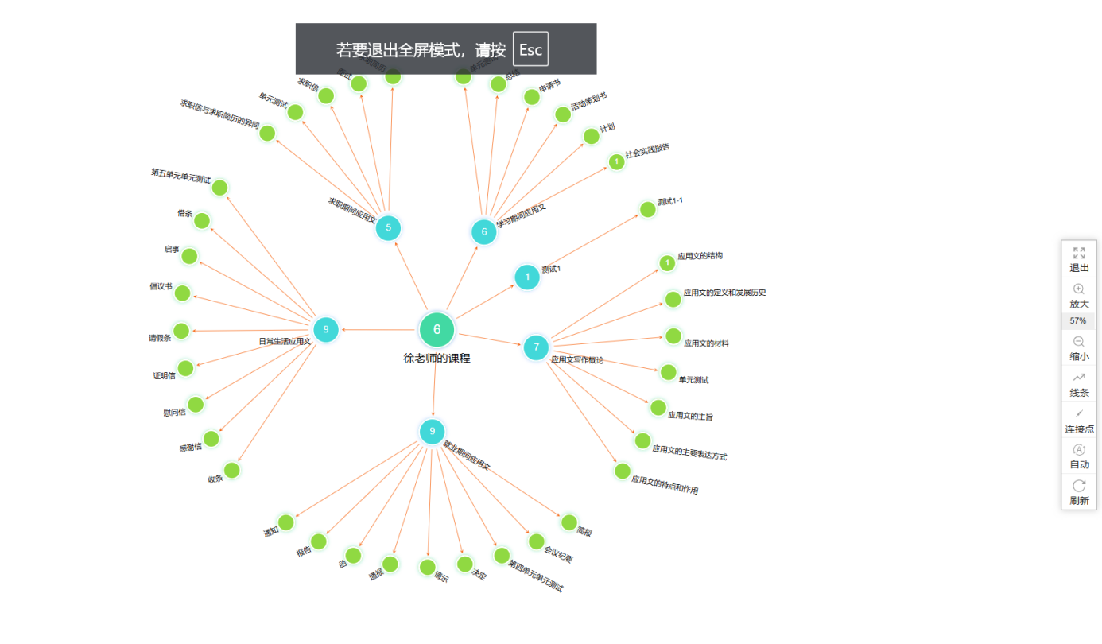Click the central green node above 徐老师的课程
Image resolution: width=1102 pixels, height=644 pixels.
[x=437, y=330]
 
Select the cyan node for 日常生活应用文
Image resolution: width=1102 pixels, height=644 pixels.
[x=325, y=329]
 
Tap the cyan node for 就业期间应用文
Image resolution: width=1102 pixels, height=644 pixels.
[x=433, y=432]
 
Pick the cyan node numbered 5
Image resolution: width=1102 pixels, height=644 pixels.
[x=388, y=228]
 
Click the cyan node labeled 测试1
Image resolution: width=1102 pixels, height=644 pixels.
[x=526, y=277]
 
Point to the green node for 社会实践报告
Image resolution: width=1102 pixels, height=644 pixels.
[x=616, y=162]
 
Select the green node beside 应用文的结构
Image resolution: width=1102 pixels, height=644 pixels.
[x=667, y=263]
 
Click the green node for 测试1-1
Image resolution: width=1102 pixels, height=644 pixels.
[x=648, y=209]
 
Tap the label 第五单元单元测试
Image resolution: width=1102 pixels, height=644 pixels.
[x=180, y=176]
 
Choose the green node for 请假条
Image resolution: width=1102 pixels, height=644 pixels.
[x=181, y=331]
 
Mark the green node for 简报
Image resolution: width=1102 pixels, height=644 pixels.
[x=568, y=522]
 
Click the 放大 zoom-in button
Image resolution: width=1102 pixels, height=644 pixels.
[x=1078, y=296]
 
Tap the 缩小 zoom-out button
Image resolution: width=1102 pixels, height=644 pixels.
[x=1078, y=348]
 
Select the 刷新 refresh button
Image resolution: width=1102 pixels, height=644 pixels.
[x=1078, y=492]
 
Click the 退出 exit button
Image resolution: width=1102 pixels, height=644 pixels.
[x=1078, y=259]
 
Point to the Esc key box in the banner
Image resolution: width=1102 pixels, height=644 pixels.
[x=530, y=49]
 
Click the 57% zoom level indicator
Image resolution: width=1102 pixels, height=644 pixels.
[x=1078, y=321]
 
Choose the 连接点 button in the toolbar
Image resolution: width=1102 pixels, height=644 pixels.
[x=1078, y=421]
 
